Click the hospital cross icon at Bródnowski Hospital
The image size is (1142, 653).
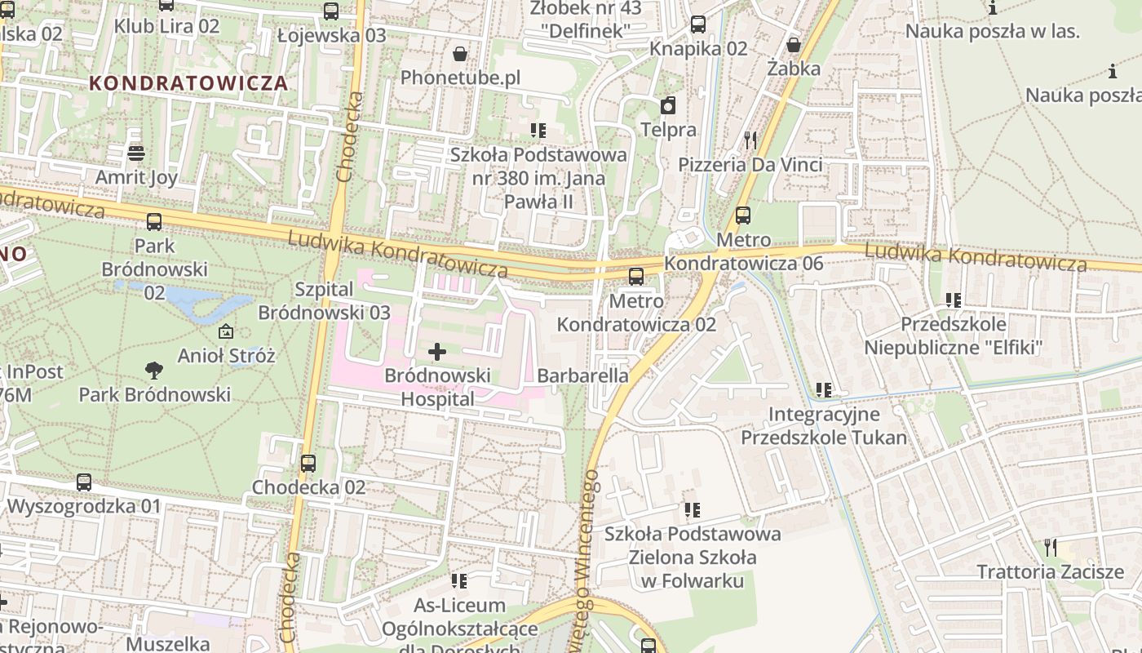pyautogui.click(x=437, y=352)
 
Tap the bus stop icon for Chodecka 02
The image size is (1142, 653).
pyautogui.click(x=308, y=464)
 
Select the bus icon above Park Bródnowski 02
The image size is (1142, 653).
pyautogui.click(x=153, y=222)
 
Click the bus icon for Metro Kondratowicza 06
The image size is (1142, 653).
pyautogui.click(x=742, y=215)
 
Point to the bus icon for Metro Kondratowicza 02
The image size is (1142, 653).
pyautogui.click(x=635, y=277)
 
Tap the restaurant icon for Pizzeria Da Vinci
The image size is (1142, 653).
pyautogui.click(x=750, y=140)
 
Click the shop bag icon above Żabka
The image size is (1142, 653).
pyautogui.click(x=793, y=45)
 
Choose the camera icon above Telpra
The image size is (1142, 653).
pyautogui.click(x=668, y=105)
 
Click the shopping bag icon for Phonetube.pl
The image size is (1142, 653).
pyautogui.click(x=460, y=54)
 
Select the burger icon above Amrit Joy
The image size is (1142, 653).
pyautogui.click(x=135, y=153)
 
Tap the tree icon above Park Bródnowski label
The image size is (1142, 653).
pyautogui.click(x=153, y=371)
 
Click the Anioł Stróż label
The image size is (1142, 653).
pyautogui.click(x=227, y=356)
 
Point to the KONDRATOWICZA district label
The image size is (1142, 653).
pyautogui.click(x=188, y=83)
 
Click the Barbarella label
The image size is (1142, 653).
pyautogui.click(x=583, y=375)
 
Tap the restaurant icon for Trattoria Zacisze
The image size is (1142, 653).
pyautogui.click(x=1050, y=547)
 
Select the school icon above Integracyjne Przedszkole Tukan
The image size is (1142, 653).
pyautogui.click(x=824, y=390)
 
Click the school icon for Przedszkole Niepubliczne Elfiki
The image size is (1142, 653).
pyautogui.click(x=953, y=300)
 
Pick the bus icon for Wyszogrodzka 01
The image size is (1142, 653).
pyautogui.click(x=83, y=482)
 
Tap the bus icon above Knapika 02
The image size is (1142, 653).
pyautogui.click(x=697, y=24)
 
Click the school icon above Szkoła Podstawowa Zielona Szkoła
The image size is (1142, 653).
pyautogui.click(x=693, y=511)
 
